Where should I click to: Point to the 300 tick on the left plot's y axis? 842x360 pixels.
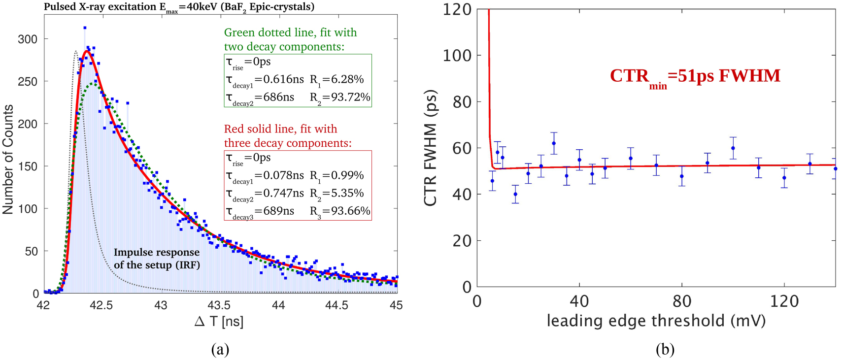pyautogui.click(x=28, y=39)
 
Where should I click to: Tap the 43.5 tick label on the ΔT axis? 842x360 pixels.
pyautogui.click(x=219, y=305)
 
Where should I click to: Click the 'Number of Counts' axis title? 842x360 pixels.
pyautogui.click(x=8, y=159)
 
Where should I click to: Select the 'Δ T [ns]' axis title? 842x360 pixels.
pyautogui.click(x=219, y=322)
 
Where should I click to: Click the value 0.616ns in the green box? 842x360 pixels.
pyautogui.click(x=283, y=79)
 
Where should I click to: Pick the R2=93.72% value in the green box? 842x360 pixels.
pyautogui.click(x=340, y=97)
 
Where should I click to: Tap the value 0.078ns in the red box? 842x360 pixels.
pyautogui.click(x=283, y=175)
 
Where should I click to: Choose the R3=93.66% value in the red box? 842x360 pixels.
pyautogui.click(x=340, y=211)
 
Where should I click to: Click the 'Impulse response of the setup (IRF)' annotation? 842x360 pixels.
pyautogui.click(x=157, y=259)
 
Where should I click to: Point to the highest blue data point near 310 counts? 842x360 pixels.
pyautogui.click(x=85, y=28)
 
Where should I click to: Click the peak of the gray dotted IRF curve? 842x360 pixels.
pyautogui.click(x=76, y=51)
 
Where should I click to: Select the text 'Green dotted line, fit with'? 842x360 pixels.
pyautogui.click(x=290, y=33)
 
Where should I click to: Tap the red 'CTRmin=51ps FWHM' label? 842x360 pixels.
pyautogui.click(x=695, y=76)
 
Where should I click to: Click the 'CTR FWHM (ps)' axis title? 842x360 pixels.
pyautogui.click(x=430, y=148)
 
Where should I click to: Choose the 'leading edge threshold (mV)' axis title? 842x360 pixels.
pyautogui.click(x=656, y=321)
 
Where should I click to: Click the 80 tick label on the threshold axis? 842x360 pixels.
pyautogui.click(x=682, y=301)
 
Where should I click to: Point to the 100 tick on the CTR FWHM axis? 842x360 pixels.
pyautogui.click(x=457, y=56)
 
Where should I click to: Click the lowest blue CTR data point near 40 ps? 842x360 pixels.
pyautogui.click(x=515, y=194)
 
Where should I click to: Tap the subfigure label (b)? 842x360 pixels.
pyautogui.click(x=665, y=349)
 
